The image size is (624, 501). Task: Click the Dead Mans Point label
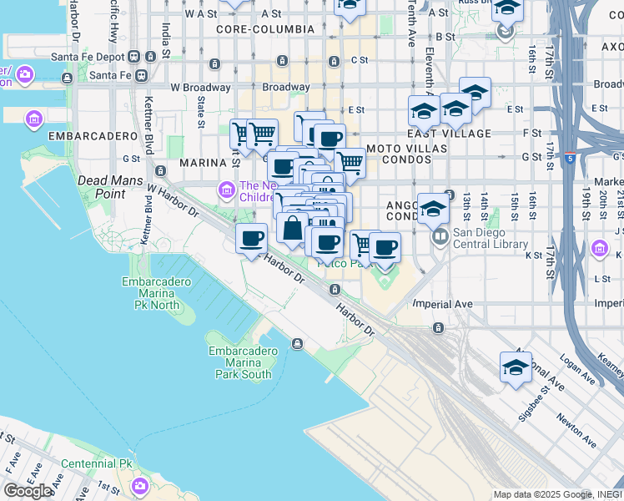click(101, 187)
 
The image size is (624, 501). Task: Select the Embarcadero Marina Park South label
click(243, 362)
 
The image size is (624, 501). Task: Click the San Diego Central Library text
click(491, 238)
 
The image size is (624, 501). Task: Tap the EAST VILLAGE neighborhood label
click(450, 134)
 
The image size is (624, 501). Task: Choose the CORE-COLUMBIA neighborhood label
click(264, 29)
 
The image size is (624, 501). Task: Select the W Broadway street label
click(200, 87)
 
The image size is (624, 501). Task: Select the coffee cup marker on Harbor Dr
click(251, 240)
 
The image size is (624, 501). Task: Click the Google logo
click(28, 491)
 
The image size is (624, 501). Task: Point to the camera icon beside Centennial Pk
click(139, 485)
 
